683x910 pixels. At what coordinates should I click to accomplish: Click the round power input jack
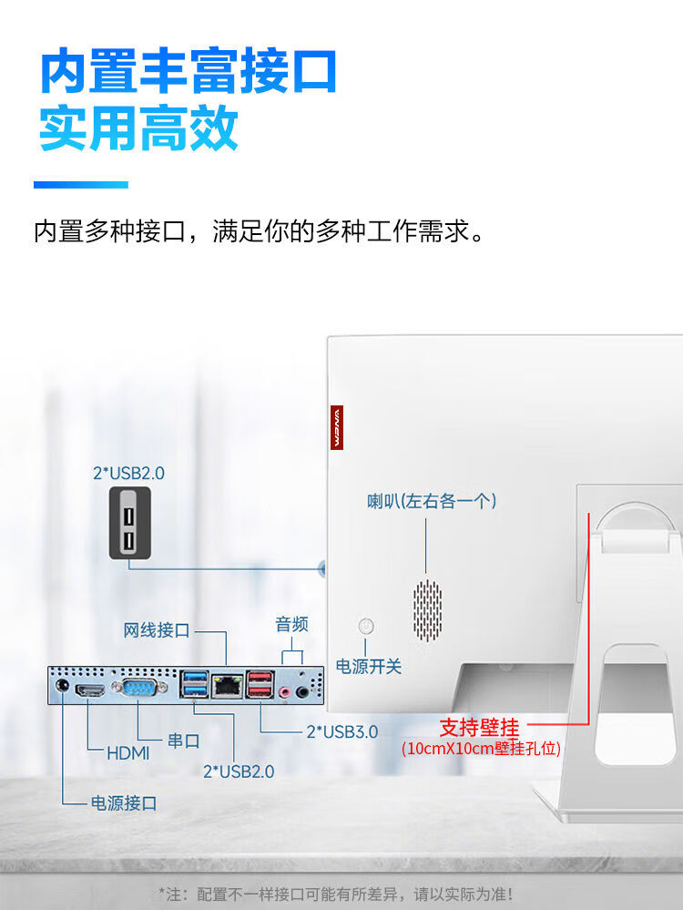pyautogui.click(x=62, y=688)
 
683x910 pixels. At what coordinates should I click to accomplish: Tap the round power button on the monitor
pyautogui.click(x=366, y=626)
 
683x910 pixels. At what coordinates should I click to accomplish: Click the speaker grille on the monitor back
pyautogui.click(x=427, y=608)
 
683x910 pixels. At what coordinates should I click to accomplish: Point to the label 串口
pyautogui.click(x=183, y=741)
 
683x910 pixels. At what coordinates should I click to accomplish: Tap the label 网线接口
pyautogui.click(x=157, y=629)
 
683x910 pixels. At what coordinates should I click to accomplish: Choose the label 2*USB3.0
pyautogui.click(x=341, y=731)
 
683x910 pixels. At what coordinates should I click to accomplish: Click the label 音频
pyautogui.click(x=291, y=624)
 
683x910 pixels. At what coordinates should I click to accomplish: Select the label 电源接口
pyautogui.click(x=124, y=803)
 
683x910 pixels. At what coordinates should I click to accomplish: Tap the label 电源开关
pyautogui.click(x=369, y=666)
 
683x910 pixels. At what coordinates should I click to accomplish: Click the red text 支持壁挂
pyautogui.click(x=479, y=727)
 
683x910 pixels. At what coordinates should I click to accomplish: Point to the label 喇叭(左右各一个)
pyautogui.click(x=432, y=501)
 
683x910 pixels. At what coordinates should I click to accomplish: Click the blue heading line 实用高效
pyautogui.click(x=138, y=129)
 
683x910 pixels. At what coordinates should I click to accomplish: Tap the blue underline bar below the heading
pyautogui.click(x=80, y=185)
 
